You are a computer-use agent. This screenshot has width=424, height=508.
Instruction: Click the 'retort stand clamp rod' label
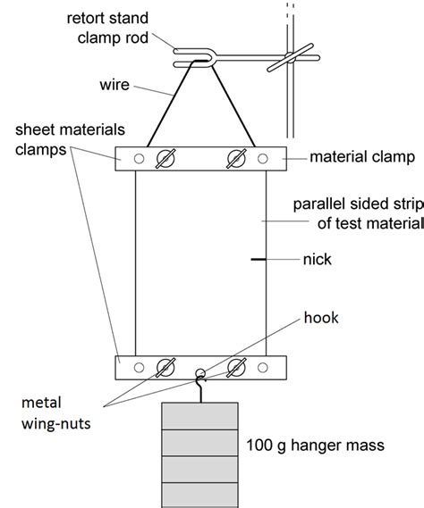coord(107,28)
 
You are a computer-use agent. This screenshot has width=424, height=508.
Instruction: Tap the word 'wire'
coord(114,85)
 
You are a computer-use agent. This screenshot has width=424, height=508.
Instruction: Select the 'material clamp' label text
coord(362,157)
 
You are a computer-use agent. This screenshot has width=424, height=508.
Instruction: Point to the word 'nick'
coord(318,260)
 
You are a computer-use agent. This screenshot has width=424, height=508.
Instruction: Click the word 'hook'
coord(321,318)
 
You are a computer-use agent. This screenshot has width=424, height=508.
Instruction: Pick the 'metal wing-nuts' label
coord(55,413)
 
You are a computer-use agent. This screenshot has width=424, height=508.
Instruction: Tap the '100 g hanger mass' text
coord(315,446)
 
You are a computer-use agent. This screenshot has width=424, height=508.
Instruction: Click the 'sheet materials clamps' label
coord(70,139)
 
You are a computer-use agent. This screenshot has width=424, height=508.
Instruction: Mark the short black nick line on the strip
coord(259,259)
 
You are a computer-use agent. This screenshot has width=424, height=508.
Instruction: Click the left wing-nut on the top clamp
coord(165,159)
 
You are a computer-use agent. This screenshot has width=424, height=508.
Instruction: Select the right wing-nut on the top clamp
coord(236,159)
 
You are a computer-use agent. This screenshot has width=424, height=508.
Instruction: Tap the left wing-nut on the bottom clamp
coord(165,368)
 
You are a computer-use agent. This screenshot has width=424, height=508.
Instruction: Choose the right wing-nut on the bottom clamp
coord(236,368)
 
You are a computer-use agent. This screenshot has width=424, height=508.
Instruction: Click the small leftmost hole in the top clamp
coord(139,159)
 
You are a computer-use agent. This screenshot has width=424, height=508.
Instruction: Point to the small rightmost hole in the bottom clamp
coord(263,368)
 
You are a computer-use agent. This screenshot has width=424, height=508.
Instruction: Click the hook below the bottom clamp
coord(201,388)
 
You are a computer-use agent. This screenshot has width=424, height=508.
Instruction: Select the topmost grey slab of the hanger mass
coord(200,416)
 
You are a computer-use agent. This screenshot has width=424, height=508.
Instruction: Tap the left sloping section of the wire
coord(169,103)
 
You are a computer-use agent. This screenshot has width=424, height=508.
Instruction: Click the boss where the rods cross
coord(290,58)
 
